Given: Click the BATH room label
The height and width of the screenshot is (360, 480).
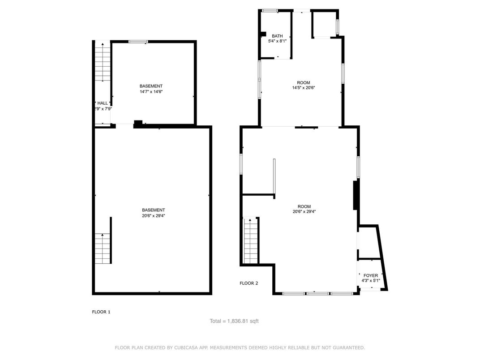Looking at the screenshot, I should pos(277,36).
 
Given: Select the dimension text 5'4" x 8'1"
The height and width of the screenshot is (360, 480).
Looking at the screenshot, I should pos(277,41).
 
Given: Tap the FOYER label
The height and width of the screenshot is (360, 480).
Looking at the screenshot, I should pos(370,275).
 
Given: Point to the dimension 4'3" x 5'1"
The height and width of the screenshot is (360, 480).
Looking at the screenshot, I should pos(370,281).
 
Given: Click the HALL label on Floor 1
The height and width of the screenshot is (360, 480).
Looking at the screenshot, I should pos(103,103).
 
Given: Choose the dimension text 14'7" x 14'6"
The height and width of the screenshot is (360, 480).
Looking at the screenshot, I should pos(151,92).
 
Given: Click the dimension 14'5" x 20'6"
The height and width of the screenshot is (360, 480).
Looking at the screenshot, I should pos(303,88).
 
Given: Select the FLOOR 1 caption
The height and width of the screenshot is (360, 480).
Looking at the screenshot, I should pos(101,312).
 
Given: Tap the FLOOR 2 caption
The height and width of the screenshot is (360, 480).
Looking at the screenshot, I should pos(249,283).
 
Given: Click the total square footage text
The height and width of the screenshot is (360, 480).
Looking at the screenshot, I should pos(234,321).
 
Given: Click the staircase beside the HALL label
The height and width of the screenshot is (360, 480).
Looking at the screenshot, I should pos(103,63).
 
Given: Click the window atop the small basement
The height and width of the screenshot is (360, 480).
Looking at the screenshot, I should pos(138,42).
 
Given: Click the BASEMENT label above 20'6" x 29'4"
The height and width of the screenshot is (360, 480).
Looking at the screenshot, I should pos(153,210).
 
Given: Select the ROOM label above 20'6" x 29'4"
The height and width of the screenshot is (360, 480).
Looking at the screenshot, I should pos(304,206).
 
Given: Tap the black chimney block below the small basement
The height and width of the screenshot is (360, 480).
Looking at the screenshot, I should pos(138,124).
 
